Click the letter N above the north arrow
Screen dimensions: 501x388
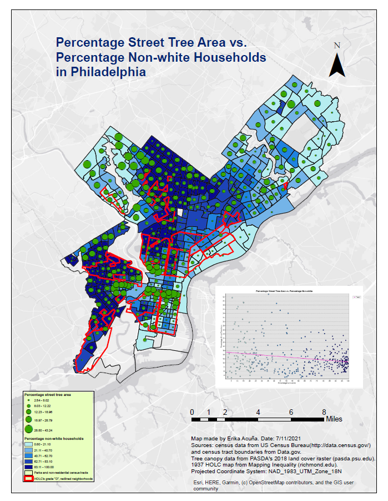pos(337,46)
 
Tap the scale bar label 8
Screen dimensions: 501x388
pos(324,412)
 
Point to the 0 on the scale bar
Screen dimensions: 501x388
pos(192,412)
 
